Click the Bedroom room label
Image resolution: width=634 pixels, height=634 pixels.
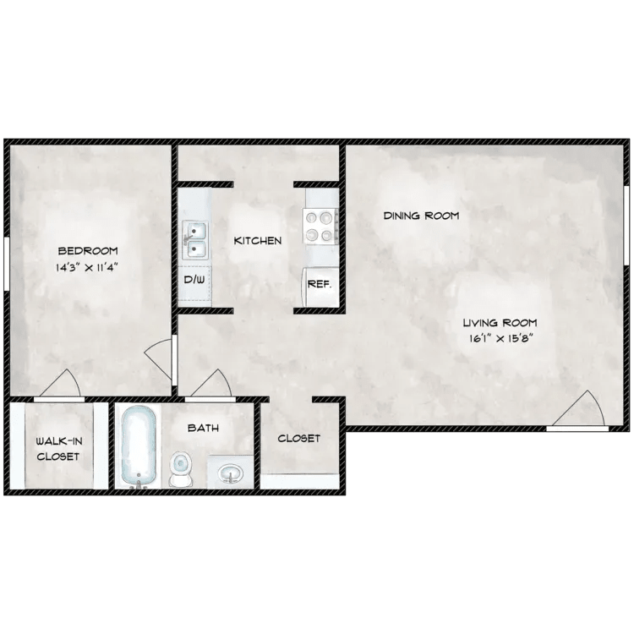pos(87,251)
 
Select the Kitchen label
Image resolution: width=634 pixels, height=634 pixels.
pos(258,241)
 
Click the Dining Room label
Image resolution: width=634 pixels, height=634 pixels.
pos(421,216)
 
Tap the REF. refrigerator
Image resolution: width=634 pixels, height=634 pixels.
pos(319,285)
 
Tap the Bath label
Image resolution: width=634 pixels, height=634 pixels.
pos(203,429)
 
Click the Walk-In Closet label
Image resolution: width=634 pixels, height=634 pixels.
pos(57,449)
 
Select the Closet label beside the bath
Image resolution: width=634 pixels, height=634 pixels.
pos(299,439)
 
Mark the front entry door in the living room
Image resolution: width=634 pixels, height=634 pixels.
pos(580,412)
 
